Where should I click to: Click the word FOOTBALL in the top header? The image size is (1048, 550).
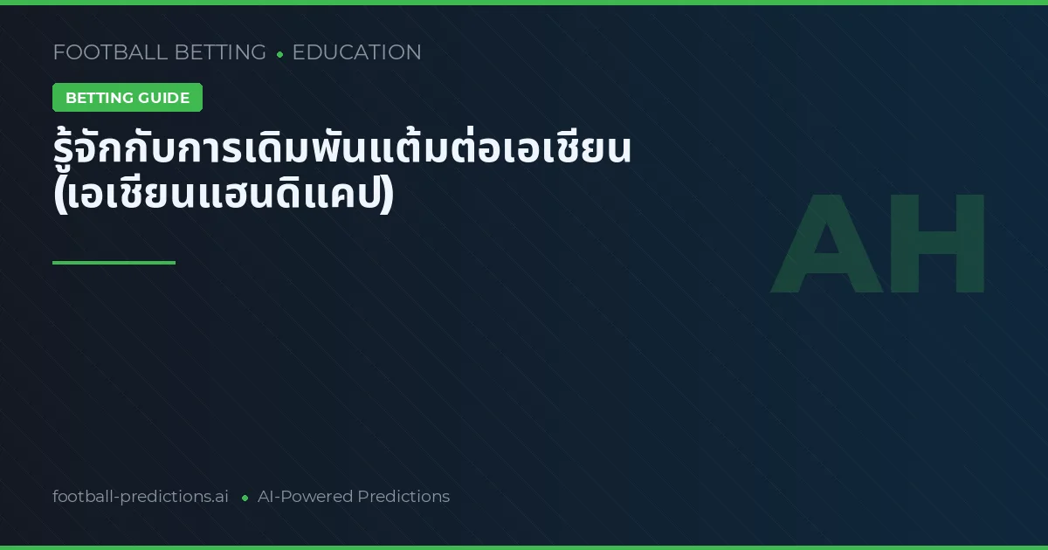point(110,52)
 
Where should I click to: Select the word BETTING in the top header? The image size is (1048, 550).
point(220,52)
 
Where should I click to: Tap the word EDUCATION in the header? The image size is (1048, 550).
point(357,52)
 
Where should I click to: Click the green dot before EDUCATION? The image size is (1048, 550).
point(279,55)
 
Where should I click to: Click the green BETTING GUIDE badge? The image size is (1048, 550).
point(128,97)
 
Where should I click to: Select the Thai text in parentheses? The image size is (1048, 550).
point(224,195)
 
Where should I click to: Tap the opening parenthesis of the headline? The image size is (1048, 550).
point(60,195)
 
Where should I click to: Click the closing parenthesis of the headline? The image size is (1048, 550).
point(388,195)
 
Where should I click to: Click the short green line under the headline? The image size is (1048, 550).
point(114,263)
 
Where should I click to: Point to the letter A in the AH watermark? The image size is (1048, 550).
point(827,244)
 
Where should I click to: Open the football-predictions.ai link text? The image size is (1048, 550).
point(141,496)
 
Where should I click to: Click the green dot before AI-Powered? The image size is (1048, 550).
point(245,498)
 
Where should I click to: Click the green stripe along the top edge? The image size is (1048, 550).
point(524,3)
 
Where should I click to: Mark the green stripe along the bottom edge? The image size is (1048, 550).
point(524,547)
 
